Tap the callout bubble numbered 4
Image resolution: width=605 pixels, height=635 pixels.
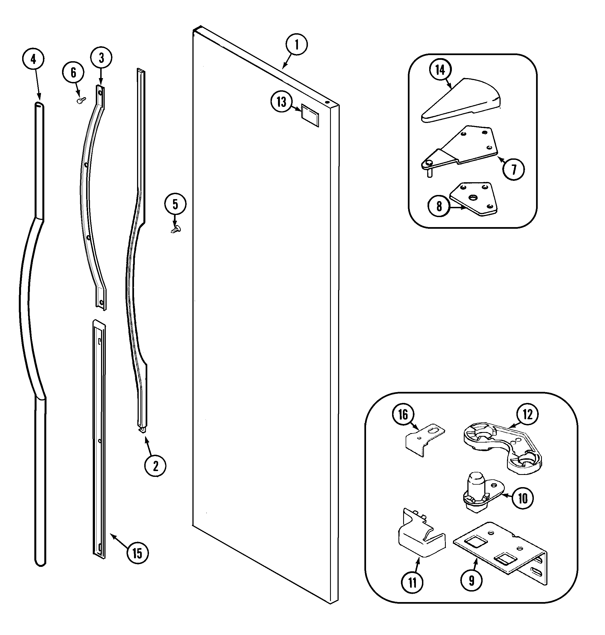coord(33,59)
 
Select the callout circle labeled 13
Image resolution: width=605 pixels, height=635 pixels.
coord(281,102)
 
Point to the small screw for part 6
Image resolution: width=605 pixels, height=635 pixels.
coord(80,101)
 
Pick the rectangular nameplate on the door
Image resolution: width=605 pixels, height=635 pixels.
coord(310,115)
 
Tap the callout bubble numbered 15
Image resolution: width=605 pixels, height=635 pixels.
coord(137,553)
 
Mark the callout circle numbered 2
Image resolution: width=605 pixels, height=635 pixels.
coord(155,466)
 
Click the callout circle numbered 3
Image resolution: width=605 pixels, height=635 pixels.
coord(101,58)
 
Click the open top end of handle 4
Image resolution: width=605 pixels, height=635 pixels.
coord(39,104)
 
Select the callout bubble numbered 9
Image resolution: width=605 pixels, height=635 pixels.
coord(472,580)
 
